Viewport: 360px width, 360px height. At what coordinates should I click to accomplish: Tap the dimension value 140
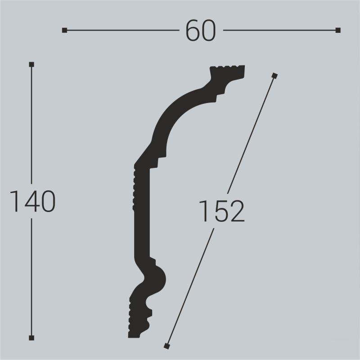[32, 201]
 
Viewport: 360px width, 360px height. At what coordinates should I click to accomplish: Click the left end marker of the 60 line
[65, 31]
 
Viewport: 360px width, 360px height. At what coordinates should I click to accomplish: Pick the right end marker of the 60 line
[338, 31]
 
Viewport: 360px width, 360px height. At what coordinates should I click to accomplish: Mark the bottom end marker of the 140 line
[31, 337]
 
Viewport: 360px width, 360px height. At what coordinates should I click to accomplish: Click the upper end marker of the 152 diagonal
[275, 75]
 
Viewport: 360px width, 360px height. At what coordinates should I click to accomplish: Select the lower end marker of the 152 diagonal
[166, 346]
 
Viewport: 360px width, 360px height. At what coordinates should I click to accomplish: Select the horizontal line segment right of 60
[279, 31]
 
